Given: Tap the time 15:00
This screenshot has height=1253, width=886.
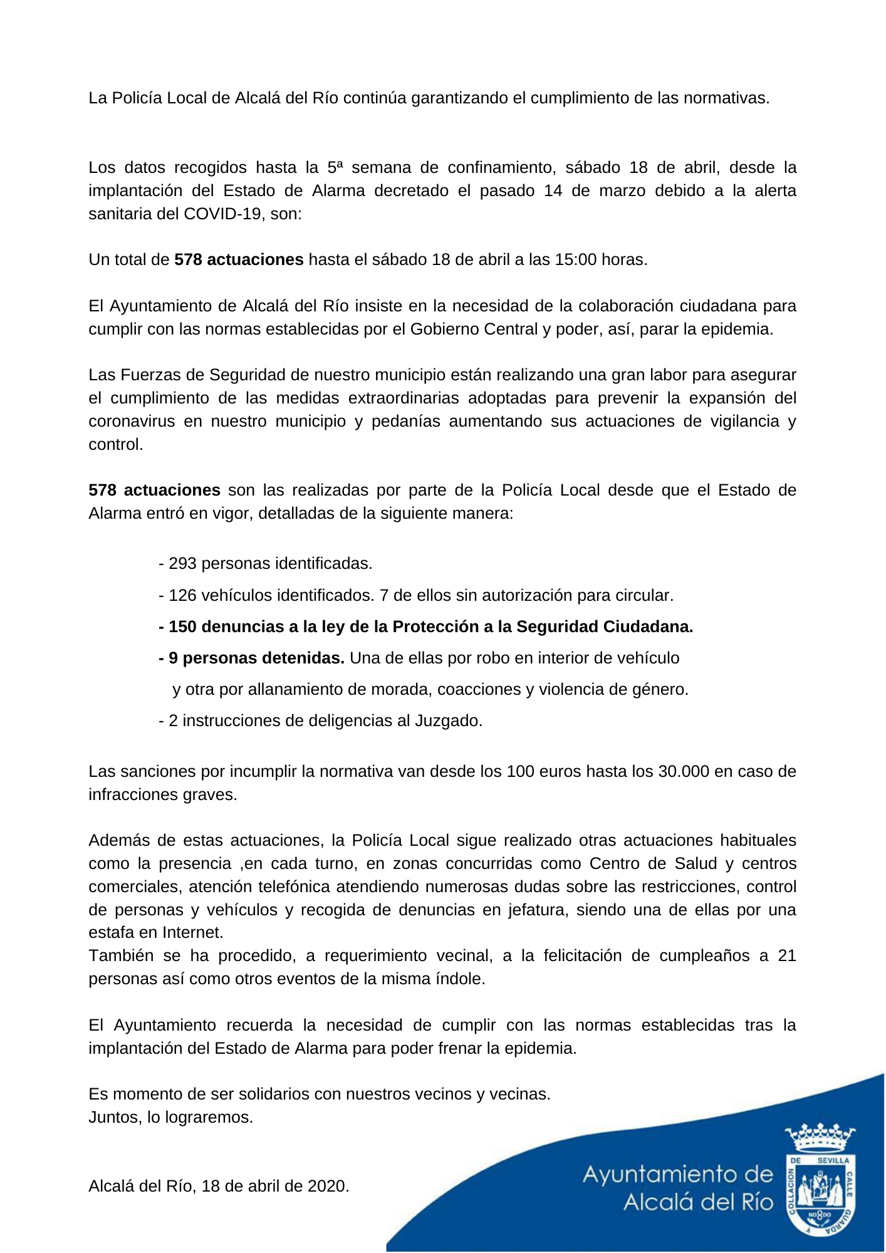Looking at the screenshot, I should pos(575,259).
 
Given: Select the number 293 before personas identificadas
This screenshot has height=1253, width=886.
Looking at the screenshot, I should pos(182,563).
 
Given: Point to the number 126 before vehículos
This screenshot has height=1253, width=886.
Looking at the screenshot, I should pos(182,595).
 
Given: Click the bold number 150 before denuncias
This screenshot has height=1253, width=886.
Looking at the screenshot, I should pos(182,626).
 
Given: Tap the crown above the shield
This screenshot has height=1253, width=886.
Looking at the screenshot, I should pos(820,1138).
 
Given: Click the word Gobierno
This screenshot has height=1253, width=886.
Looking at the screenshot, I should pos(442,329).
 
